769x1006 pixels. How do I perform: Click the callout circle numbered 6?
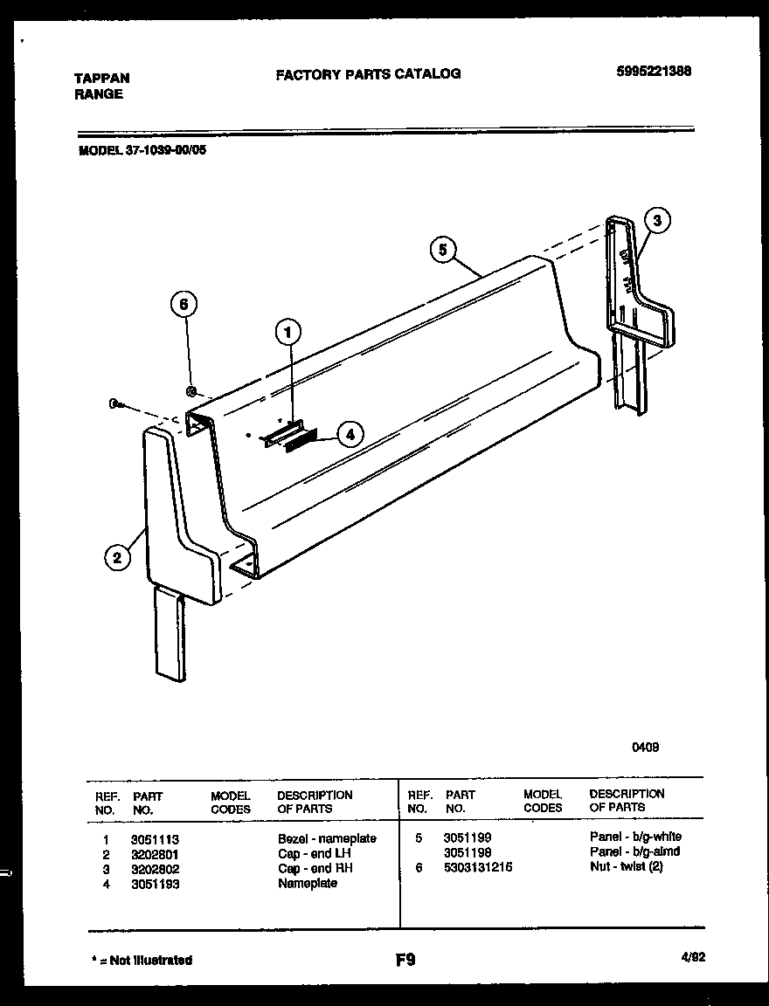click(183, 305)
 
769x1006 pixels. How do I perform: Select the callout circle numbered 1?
click(288, 331)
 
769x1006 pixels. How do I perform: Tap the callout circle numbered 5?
click(443, 250)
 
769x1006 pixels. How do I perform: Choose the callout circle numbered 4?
click(350, 434)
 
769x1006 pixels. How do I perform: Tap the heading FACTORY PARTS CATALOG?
click(368, 74)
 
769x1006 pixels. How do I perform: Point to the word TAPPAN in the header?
click(101, 78)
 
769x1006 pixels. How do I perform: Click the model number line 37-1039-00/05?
click(143, 149)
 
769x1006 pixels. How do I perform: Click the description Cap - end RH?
click(315, 868)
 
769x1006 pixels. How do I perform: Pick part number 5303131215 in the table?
click(478, 867)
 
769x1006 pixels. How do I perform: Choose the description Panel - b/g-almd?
click(634, 851)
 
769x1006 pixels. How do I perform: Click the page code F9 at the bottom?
click(405, 961)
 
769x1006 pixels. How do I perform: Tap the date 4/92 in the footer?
click(692, 957)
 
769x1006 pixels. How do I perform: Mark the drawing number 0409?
click(646, 747)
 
